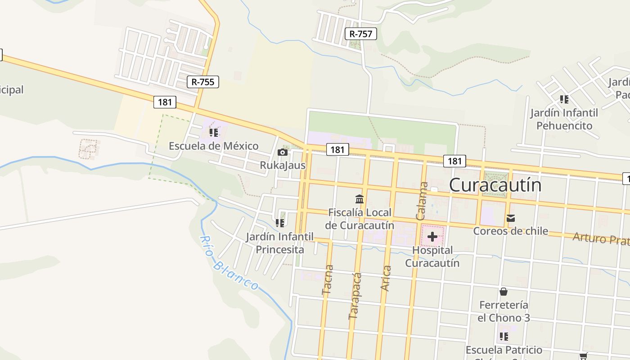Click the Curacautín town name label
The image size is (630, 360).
495,185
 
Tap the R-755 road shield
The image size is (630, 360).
202,82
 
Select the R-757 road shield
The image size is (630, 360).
361,34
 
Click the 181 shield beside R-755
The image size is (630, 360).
165,102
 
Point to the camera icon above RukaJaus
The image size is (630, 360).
283,153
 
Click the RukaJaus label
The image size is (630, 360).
283,165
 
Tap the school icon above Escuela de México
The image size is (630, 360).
214,133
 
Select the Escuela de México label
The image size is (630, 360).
214,146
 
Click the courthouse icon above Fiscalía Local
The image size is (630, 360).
360,199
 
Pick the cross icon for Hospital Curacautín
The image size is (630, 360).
432,237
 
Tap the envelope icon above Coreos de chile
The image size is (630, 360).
511,218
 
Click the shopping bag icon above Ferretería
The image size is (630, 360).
504,292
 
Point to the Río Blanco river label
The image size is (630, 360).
229,263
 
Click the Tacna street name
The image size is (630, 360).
328,280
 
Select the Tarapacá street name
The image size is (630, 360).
355,296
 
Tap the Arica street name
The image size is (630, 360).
386,278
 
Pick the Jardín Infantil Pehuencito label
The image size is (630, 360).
564,119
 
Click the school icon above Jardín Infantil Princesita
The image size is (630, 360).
280,223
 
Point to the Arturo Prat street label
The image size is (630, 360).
601,238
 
